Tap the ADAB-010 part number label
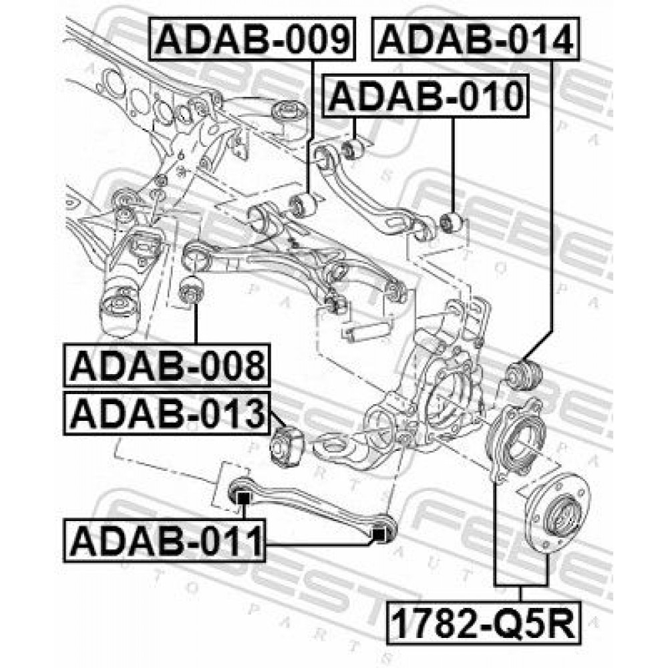(426, 96)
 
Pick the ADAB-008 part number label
(166, 365)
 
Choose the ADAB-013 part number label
(166, 413)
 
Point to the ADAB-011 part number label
(164, 540)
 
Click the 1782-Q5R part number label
(484, 622)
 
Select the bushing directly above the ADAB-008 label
(191, 290)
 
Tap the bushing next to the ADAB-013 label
(287, 445)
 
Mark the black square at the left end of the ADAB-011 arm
(242, 497)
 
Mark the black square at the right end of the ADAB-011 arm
(379, 533)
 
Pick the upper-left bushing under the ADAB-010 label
(353, 149)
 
